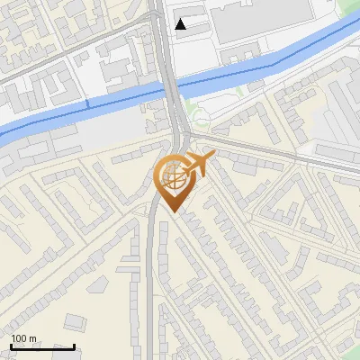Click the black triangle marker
click(181, 24)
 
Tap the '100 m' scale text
click(23, 338)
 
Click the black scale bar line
click(42, 346)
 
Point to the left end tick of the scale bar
click(11, 345)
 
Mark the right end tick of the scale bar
click(74, 345)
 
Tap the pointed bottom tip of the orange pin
click(171, 212)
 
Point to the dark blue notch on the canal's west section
click(87, 105)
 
